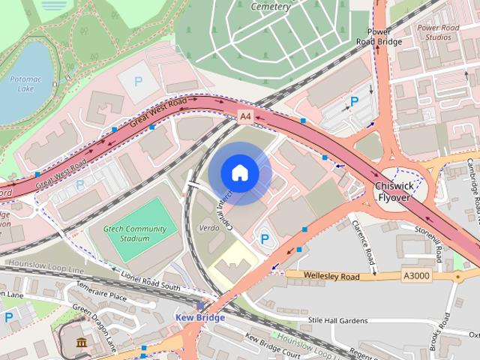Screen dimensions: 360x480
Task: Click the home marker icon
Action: click(x=239, y=173)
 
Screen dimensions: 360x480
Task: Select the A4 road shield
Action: click(x=245, y=116)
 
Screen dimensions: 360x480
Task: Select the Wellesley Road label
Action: click(x=333, y=276)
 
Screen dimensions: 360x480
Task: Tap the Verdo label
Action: click(x=208, y=226)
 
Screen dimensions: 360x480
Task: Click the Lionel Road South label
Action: click(x=149, y=283)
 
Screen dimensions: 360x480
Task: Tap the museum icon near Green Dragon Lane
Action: click(x=80, y=343)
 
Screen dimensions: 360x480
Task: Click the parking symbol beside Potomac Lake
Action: click(x=137, y=81)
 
